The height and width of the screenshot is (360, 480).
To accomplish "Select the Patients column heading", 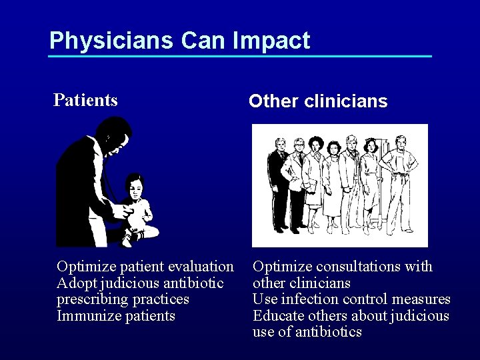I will click(85, 100).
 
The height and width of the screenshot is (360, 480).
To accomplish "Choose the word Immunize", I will click(86, 315).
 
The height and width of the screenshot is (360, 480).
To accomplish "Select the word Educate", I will click(277, 315).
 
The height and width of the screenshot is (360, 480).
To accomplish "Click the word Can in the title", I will click(205, 41).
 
